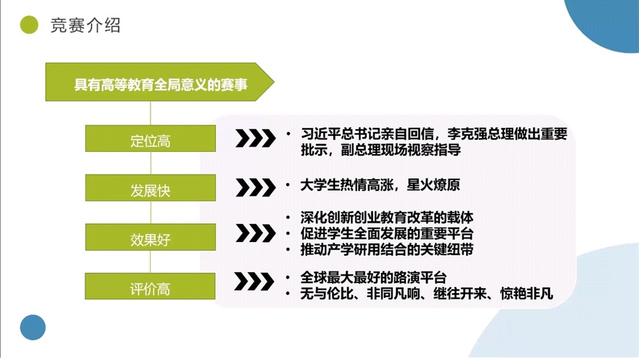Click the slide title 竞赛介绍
coord(85,26)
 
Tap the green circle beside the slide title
coord(29,25)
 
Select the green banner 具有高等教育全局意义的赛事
coord(159,82)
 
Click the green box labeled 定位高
coord(150,139)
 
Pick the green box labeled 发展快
coord(150,188)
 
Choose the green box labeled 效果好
coord(150,237)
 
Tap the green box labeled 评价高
coord(150,286)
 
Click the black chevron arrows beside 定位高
coord(255,138)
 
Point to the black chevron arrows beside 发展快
coord(255,187)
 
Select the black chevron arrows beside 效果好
coord(255,233)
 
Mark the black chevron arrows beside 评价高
coord(254,281)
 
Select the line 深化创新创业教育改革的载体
coord(386,217)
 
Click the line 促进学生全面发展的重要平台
coord(386,233)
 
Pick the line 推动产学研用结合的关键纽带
coord(386,249)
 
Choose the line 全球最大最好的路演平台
coord(373,278)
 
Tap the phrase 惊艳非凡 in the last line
coord(527,294)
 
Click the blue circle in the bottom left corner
coord(33,328)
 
